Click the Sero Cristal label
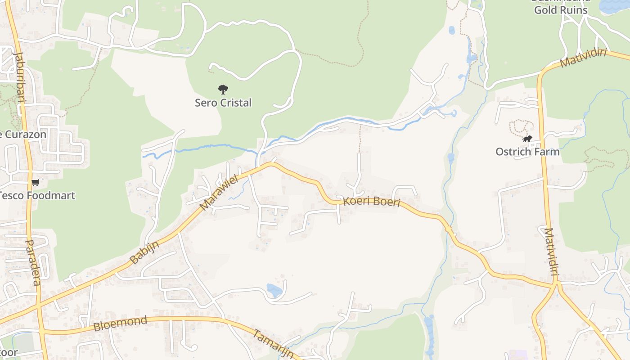pyautogui.click(x=223, y=103)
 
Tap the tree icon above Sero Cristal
pyautogui.click(x=223, y=89)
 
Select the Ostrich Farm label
pyautogui.click(x=527, y=152)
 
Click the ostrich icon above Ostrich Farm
pyautogui.click(x=527, y=139)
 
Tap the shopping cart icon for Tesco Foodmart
pyautogui.click(x=36, y=183)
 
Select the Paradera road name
pyautogui.click(x=32, y=262)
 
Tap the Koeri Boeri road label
pyautogui.click(x=372, y=201)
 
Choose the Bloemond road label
pyautogui.click(x=120, y=324)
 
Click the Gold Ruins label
pyautogui.click(x=561, y=10)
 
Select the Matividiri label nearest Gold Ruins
pyautogui.click(x=584, y=58)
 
